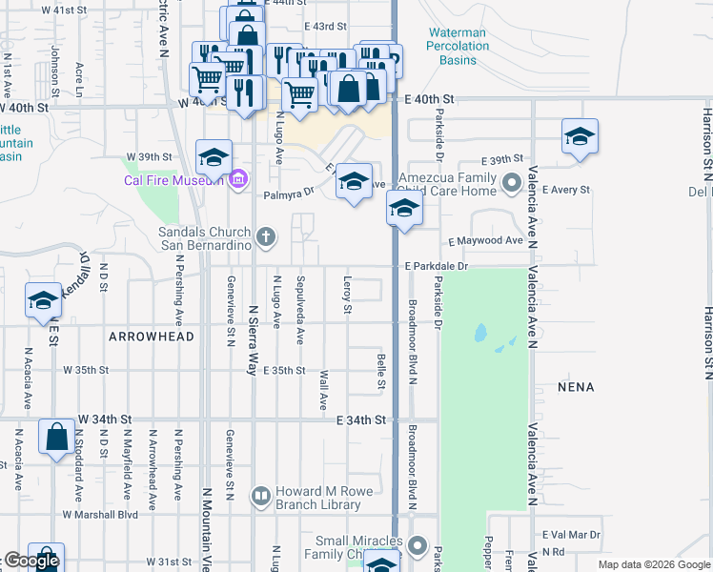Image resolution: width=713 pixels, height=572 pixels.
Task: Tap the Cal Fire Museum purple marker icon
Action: (238, 179)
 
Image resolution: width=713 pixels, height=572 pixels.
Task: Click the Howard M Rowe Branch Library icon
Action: (260, 495)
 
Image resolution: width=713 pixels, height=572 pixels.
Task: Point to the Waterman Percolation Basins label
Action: (457, 46)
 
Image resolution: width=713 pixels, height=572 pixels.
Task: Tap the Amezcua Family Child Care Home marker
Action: (512, 179)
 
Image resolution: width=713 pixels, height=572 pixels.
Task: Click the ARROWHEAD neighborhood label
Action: (152, 337)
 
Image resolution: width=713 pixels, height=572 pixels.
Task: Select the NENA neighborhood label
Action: (577, 387)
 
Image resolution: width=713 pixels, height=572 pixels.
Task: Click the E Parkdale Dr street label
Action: (436, 266)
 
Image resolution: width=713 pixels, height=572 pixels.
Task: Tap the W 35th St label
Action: (87, 370)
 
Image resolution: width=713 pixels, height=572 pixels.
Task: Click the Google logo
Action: (31, 561)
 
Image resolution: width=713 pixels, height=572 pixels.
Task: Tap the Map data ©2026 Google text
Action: (654, 564)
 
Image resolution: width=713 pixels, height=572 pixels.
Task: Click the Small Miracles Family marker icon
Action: (418, 545)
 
